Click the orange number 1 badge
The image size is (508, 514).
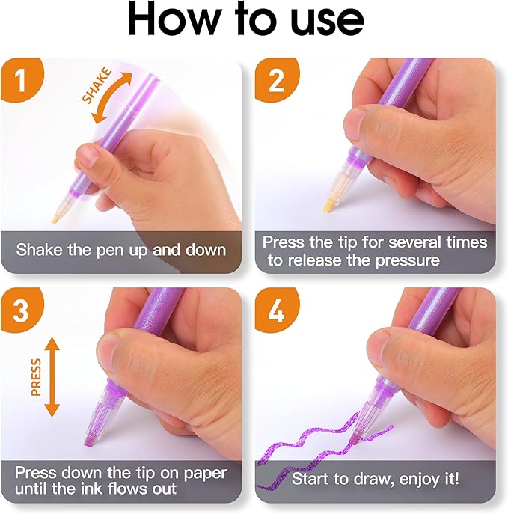tap(21, 79)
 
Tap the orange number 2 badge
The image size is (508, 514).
tap(276, 79)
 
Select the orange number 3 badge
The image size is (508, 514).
tap(21, 310)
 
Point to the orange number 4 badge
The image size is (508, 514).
tap(276, 310)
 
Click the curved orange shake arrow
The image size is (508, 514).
tap(112, 98)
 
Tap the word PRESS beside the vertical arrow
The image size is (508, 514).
tap(36, 377)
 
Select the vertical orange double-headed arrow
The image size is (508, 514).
tap(52, 377)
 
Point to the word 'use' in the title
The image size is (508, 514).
tap(328, 22)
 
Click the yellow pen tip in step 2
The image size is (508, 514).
tap(328, 206)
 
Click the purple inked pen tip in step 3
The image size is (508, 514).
tap(90, 440)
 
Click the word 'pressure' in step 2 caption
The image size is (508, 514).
tap(408, 261)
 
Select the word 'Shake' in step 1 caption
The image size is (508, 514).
tap(40, 249)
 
